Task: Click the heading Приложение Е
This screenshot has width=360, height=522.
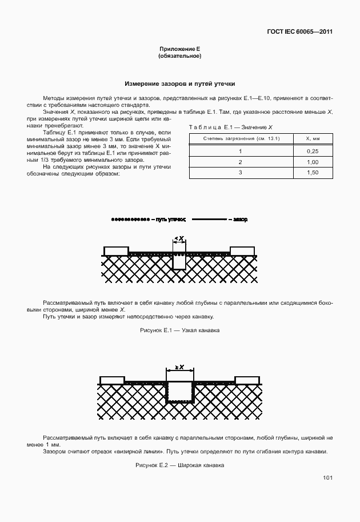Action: (x=179, y=50)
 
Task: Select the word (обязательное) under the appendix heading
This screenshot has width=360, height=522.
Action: (x=179, y=57)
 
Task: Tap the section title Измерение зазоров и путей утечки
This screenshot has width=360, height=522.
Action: (x=179, y=83)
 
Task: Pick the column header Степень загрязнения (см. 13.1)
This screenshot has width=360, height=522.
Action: (x=241, y=138)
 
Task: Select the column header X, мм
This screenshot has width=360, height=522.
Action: (x=312, y=138)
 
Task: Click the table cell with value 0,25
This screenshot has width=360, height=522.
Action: (x=312, y=152)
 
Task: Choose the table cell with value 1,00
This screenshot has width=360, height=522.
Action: (x=312, y=162)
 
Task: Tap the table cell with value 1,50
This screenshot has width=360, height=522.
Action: (x=312, y=173)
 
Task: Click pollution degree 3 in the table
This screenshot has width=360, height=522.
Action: (x=241, y=173)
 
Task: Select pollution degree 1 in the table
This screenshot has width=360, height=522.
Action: (x=241, y=152)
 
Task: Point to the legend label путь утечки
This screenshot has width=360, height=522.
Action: (x=170, y=220)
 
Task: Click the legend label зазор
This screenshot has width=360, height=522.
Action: (x=240, y=220)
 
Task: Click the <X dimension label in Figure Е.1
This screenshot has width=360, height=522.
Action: (x=179, y=238)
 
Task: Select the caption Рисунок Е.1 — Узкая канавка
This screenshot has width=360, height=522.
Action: (x=179, y=330)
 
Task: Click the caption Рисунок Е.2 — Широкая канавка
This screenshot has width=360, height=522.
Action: (x=179, y=465)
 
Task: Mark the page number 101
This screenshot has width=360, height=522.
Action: (x=327, y=477)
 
